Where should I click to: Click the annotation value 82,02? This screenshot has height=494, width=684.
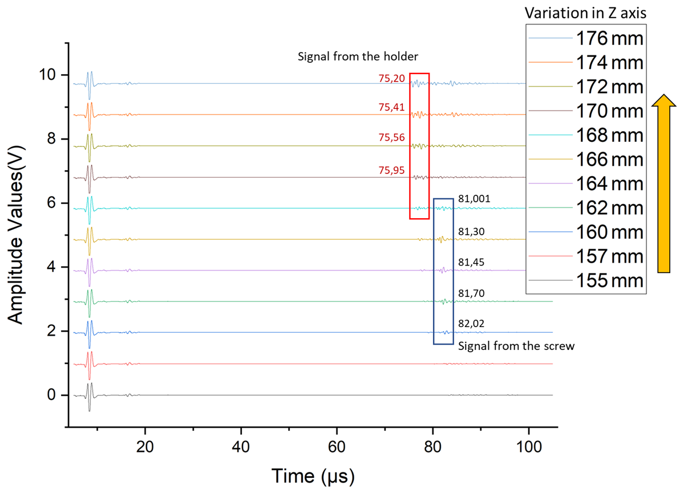coord(471,324)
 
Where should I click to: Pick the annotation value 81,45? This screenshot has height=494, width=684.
coord(471,263)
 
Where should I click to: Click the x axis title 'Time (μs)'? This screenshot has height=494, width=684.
coord(313,475)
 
